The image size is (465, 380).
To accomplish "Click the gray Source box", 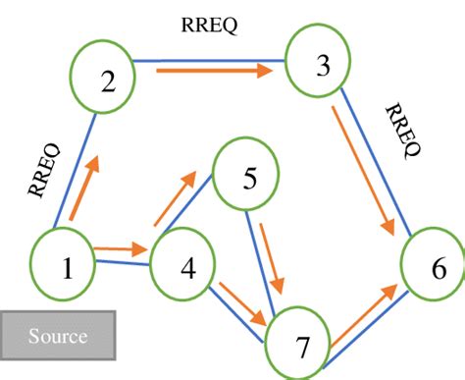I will [58, 337].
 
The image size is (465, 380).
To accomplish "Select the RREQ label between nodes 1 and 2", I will [45, 172].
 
